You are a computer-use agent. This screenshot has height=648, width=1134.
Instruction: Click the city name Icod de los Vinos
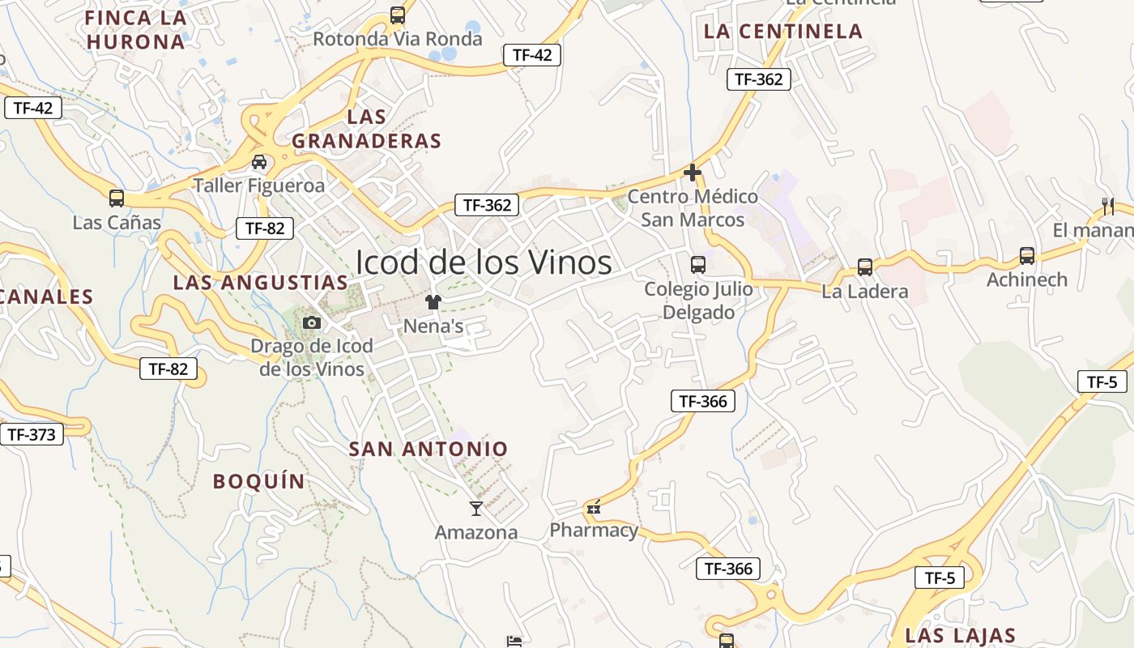pos(484,262)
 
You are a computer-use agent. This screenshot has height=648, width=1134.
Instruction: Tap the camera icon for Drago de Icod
pos(311,322)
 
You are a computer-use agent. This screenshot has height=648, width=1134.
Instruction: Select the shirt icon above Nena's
pos(433,302)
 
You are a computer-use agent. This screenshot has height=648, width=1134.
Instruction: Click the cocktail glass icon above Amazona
pos(476,509)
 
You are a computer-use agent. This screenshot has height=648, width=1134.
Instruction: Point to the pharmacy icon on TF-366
pos(594,508)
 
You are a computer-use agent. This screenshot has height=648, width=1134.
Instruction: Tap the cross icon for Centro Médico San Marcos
pos(693,173)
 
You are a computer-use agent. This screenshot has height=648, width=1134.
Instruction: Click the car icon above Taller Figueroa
pos(259,162)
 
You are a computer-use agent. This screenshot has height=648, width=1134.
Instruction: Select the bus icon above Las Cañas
pos(117,198)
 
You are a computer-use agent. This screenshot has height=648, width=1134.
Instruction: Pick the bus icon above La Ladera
pos(865,267)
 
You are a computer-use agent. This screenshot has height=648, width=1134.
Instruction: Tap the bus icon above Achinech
pos(1027,256)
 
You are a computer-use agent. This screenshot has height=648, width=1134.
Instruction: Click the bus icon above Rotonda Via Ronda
pos(397,15)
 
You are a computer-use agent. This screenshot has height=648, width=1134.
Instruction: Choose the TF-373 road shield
pos(32,435)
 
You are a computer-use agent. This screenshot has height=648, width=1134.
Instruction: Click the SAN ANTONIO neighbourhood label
pos(428,449)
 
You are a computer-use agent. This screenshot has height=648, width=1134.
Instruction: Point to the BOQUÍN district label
pos(259,481)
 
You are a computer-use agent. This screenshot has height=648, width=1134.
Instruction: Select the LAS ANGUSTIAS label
pos(260,283)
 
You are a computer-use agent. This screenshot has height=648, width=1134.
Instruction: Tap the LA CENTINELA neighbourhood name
pos(783,32)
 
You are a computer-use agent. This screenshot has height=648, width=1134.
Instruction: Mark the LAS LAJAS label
pos(961,635)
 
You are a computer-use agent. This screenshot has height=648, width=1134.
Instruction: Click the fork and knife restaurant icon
pos(1108,206)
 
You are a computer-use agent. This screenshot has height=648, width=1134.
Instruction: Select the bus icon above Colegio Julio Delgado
pos(697,264)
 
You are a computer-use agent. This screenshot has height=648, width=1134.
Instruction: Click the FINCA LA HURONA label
pos(136,30)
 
